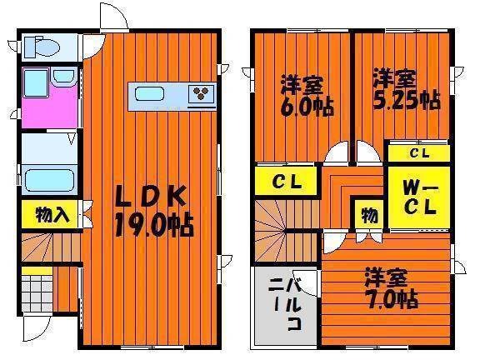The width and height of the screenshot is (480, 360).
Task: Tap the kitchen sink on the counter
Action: coord(149,93)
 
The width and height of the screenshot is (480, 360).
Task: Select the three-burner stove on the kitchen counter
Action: coord(201,92)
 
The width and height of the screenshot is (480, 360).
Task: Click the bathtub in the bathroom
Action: coord(49,181)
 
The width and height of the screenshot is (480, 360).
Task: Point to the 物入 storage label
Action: coord(52,215)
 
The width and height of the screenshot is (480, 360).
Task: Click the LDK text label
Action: coord(151,197)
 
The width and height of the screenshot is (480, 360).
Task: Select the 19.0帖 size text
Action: coord(154,225)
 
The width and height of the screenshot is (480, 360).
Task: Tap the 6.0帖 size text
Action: coord(307,107)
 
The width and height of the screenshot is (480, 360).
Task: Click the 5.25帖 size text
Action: coord(407,100)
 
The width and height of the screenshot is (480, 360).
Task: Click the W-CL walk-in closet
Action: coord(419,197)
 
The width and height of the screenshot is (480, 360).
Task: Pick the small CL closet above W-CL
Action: coord(419,152)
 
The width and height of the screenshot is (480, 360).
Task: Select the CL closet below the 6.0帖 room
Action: coord(286,181)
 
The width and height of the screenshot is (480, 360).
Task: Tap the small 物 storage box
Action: coord(369,214)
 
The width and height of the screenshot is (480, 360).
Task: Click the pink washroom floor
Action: coord(49,108)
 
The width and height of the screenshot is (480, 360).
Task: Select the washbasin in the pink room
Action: coord(63,76)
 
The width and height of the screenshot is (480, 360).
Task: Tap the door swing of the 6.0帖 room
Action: coord(336,152)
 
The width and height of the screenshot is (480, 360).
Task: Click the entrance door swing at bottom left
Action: coord(36,329)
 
